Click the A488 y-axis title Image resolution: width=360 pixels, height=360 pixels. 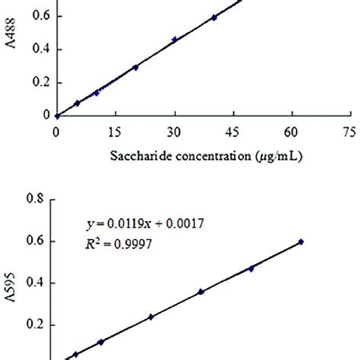11,57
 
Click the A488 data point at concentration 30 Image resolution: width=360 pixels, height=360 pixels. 174,39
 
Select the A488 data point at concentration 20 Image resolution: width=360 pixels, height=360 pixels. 135,67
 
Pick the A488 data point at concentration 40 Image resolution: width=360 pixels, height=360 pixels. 214,17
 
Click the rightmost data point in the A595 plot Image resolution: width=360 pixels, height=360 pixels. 301,242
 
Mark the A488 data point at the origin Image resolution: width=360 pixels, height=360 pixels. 56,116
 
